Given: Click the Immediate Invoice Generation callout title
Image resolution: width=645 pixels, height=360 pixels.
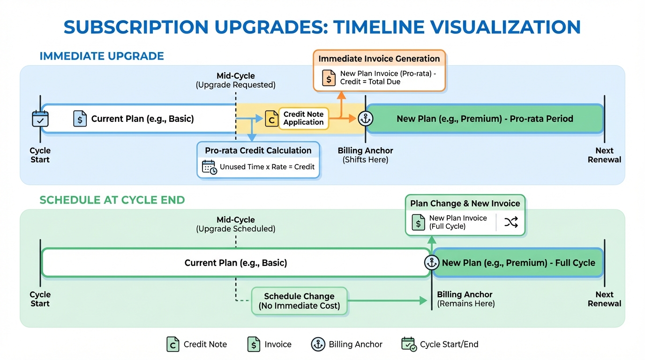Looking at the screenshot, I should coord(379,59).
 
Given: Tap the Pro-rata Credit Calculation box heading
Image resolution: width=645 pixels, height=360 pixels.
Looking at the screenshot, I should coord(258,150).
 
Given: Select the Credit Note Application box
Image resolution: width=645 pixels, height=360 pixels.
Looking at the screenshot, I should coord(303,118).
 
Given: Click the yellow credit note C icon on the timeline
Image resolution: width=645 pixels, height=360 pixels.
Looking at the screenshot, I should coord(271,119).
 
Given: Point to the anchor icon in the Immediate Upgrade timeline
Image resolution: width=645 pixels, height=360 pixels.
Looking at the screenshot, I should coord(365,119).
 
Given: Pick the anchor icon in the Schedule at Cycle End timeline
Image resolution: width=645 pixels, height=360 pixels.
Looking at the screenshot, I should coord(431,262).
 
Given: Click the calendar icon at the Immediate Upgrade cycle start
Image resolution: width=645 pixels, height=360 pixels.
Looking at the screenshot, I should coord(40,119).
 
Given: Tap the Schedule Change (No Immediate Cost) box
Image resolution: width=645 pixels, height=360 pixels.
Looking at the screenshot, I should coord(299,301).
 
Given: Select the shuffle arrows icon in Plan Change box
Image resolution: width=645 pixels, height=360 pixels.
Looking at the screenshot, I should coord(510,222).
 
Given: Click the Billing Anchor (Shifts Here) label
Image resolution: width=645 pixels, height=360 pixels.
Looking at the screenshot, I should coord(365,155).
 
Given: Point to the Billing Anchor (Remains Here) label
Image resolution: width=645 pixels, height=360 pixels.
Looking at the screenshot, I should coord(465,299).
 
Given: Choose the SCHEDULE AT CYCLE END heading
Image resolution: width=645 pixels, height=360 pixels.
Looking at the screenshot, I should coord(112,200).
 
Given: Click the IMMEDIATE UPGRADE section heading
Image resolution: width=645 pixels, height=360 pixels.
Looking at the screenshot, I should coord(102,56).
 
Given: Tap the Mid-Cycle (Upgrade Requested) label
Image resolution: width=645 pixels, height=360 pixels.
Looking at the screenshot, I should coord(235,80).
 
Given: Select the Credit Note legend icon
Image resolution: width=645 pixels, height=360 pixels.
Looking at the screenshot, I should coord(173,345).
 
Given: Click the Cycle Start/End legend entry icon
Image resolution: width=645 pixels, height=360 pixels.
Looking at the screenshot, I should coord(409,345).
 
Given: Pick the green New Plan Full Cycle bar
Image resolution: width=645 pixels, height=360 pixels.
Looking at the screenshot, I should coord(517,262).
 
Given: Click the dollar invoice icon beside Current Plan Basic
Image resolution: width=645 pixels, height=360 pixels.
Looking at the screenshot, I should coord(80,119).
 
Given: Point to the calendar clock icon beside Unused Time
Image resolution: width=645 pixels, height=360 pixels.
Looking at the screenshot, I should coord(209,167).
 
